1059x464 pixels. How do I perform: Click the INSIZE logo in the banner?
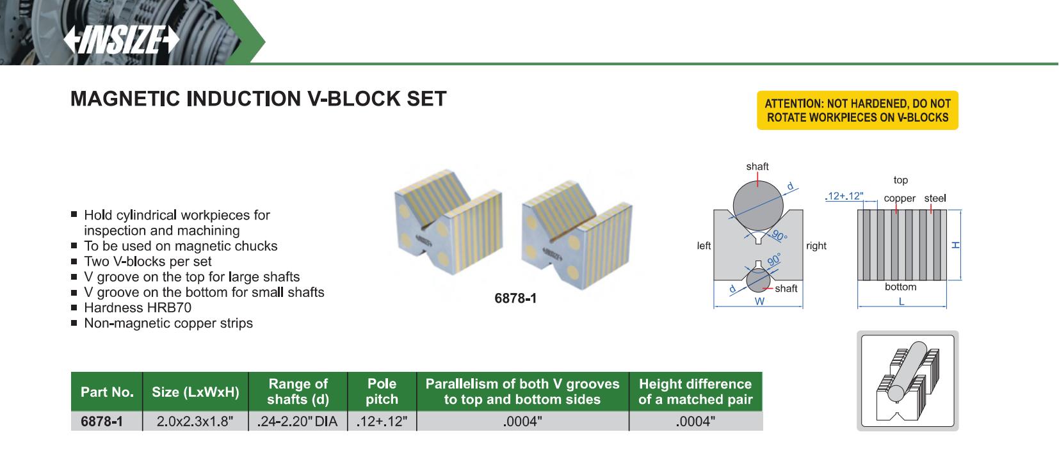122,40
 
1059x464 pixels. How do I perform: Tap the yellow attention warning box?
857,110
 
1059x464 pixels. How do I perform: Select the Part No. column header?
107,392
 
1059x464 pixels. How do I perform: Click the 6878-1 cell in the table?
102,421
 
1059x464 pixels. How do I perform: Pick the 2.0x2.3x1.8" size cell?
195,421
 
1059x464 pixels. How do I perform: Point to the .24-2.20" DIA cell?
297,421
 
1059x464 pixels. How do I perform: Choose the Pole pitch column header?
382,392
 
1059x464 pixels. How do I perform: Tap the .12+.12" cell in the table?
382,421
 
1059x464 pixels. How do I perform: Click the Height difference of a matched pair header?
695,392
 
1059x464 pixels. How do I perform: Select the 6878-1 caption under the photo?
515,298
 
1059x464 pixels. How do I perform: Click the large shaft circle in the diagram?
758,206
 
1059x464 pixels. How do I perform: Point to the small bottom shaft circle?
758,280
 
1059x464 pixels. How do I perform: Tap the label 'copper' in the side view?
899,198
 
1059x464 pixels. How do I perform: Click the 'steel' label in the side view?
935,198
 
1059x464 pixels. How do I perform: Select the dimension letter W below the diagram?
759,301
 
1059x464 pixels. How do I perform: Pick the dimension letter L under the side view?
901,301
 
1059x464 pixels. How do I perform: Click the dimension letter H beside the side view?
955,244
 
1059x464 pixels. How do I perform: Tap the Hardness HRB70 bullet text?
138,308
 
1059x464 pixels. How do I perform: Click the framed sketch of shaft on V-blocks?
907,381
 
